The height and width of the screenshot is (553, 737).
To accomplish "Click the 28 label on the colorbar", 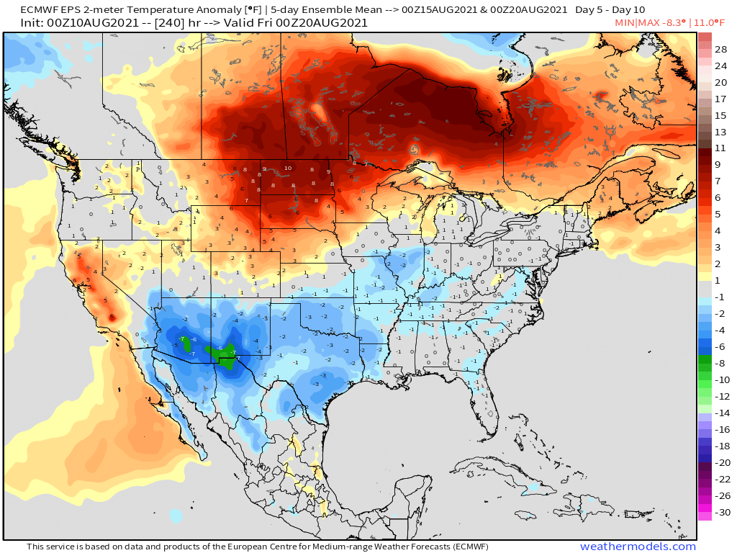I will (x=720, y=49).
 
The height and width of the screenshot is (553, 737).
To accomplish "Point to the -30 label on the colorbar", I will (x=720, y=513).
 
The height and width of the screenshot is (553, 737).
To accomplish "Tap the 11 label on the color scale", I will (x=720, y=148).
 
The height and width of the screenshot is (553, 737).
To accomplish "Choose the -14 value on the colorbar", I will (x=720, y=413).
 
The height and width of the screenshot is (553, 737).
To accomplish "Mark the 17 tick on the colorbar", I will (x=720, y=99).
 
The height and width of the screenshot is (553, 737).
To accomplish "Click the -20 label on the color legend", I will (x=720, y=463).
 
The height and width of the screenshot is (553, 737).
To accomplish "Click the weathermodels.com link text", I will (x=638, y=547).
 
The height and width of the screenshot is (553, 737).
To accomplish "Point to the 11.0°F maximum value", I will (x=712, y=23).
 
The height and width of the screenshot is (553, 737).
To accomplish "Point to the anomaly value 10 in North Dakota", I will (x=287, y=168).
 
